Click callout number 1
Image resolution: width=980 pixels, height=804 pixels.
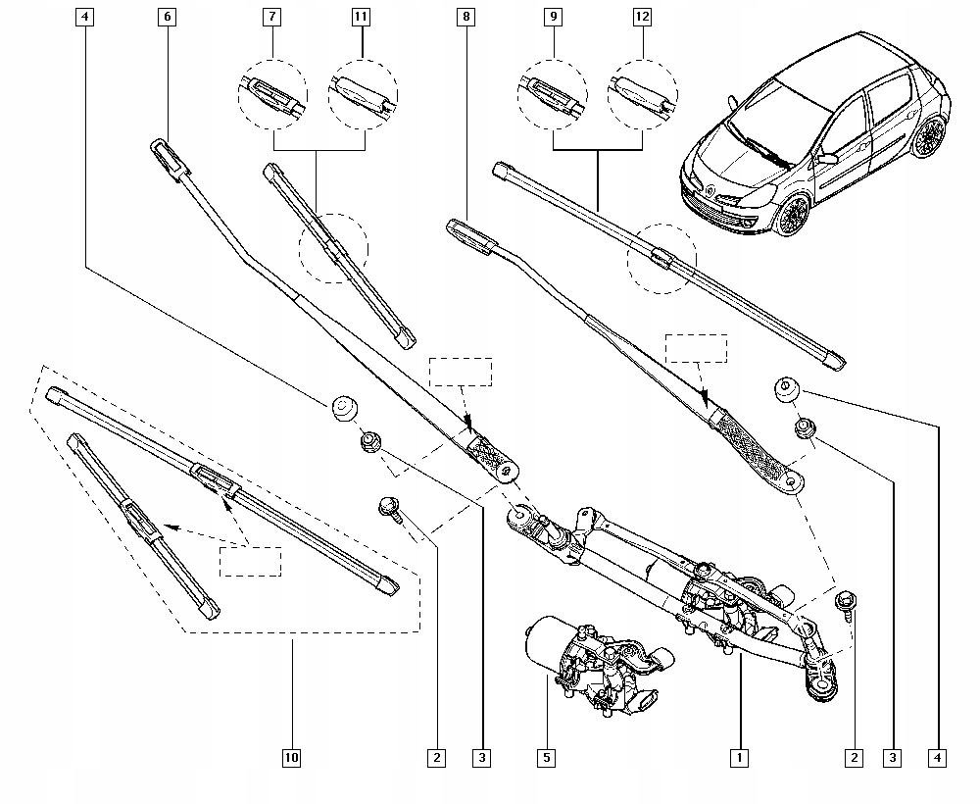pos(739,758)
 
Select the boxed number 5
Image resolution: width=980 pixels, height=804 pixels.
pos(547,758)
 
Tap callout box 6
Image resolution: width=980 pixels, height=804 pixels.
pos(165,17)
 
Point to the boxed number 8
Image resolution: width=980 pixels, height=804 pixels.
pos(465,17)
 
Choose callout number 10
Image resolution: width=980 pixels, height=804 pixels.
pos(291,758)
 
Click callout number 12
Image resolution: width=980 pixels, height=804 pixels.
pos(643,17)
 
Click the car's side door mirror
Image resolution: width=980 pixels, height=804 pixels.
pos(828,157)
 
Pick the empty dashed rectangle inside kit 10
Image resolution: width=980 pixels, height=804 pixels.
pos(250,561)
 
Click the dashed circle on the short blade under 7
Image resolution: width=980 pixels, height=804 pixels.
pos(334,248)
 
